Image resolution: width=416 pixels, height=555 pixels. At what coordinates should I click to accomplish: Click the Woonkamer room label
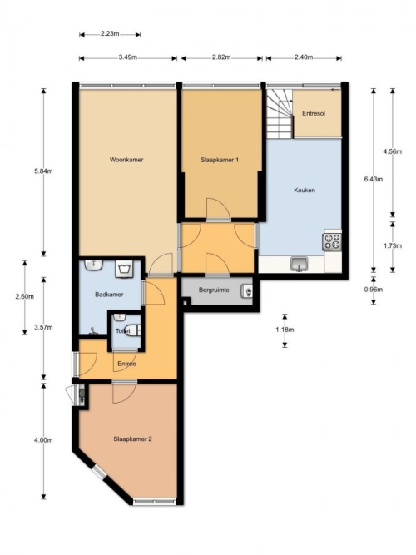pyautogui.click(x=126, y=160)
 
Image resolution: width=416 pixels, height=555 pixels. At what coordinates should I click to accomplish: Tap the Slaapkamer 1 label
pyautogui.click(x=220, y=160)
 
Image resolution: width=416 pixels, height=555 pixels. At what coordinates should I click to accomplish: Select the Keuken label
pyautogui.click(x=305, y=190)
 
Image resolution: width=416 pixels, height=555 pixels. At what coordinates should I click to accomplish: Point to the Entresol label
pyautogui.click(x=314, y=114)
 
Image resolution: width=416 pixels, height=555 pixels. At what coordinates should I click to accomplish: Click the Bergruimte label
pyautogui.click(x=214, y=290)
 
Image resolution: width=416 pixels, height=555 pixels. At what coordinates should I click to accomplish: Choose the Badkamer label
pyautogui.click(x=109, y=295)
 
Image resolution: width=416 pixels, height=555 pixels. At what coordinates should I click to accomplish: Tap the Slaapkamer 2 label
pyautogui.click(x=133, y=439)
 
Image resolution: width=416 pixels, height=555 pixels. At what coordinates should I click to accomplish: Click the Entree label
pyautogui.click(x=126, y=364)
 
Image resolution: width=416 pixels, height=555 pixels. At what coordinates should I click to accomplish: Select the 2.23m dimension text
pyautogui.click(x=110, y=34)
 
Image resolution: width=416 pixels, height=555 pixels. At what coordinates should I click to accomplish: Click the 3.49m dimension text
pyautogui.click(x=128, y=57)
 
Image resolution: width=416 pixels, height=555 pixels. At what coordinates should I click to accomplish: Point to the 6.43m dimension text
pyautogui.click(x=374, y=179)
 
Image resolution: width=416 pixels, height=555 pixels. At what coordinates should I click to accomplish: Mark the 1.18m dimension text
pyautogui.click(x=285, y=330)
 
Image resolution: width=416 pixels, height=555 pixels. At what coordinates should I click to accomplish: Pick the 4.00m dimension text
pyautogui.click(x=43, y=440)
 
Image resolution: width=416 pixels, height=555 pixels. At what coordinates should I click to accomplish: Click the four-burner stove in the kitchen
pyautogui.click(x=332, y=241)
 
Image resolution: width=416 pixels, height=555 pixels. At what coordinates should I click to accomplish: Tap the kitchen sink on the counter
pyautogui.click(x=300, y=264)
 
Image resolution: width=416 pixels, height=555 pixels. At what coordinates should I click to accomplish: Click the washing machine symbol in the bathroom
pyautogui.click(x=124, y=269)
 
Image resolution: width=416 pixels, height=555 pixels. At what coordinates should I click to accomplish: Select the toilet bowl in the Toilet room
pyautogui.click(x=133, y=330)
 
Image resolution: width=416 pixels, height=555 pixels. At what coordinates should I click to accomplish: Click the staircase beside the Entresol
pyautogui.click(x=280, y=114)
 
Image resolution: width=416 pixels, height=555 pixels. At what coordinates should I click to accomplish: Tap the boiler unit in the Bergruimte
pyautogui.click(x=247, y=292)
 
